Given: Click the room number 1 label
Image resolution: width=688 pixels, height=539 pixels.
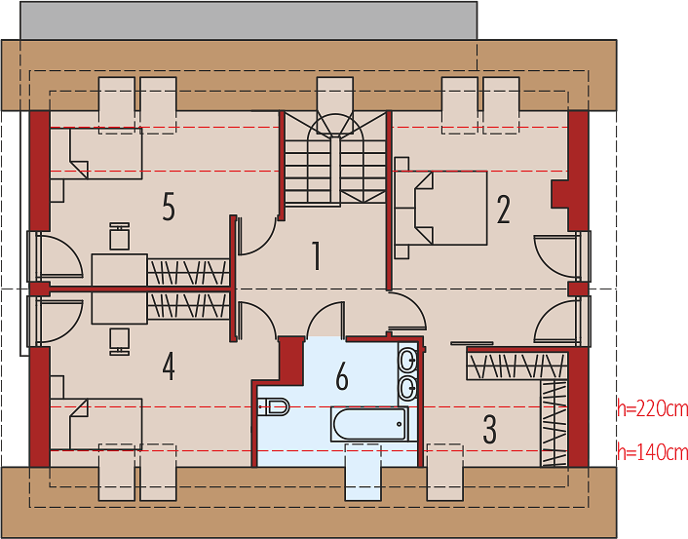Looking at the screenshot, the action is coord(316,255).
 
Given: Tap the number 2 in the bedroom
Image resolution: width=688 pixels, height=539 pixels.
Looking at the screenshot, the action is coord(503,210).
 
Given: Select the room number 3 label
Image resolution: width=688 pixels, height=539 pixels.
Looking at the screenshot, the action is coord(489,429).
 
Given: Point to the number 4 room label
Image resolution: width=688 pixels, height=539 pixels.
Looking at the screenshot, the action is coord(169,366).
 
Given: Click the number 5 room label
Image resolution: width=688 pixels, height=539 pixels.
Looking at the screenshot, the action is coord(169,207).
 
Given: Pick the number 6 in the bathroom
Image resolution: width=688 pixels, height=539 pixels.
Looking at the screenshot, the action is coord(342,376).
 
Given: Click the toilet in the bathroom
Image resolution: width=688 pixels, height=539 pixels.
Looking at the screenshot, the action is coord(273,406).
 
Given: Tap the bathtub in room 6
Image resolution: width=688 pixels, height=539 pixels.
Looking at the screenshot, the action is coord(369,424).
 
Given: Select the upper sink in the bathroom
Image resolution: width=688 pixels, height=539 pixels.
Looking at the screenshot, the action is coord(408,361).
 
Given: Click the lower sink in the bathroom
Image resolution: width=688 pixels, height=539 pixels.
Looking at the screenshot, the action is coord(408,388).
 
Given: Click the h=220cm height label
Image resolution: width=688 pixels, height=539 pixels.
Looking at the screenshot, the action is coord(653,408).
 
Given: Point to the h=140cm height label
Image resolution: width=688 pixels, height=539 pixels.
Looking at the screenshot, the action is coord(653,451).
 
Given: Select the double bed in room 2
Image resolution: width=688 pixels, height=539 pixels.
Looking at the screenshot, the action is coord(441,208).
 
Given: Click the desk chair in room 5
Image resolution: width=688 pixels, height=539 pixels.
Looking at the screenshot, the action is coord(119,236).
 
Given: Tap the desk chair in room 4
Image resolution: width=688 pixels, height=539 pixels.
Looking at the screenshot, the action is coord(119,341).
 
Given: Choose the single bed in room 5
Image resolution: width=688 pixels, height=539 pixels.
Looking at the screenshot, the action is coord(96,153).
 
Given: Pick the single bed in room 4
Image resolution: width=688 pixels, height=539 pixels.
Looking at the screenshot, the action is coord(96,424).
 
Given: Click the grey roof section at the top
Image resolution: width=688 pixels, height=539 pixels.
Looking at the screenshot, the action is coord(248,20).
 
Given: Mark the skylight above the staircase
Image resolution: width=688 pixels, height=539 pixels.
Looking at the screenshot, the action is coord(335,105).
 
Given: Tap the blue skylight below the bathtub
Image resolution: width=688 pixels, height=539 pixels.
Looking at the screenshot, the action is coord(363,472).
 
